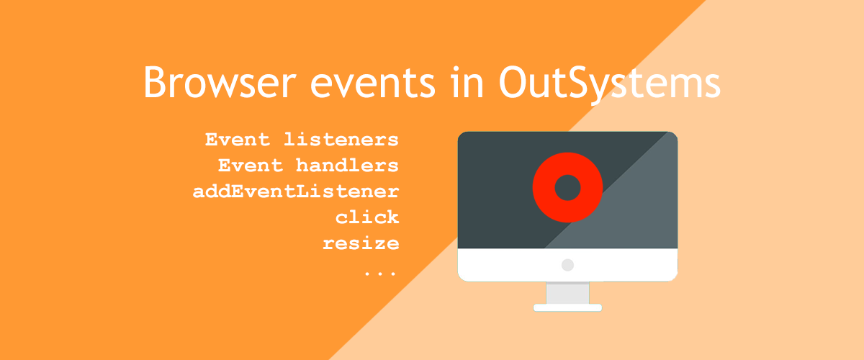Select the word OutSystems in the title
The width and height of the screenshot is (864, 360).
tap(609, 82)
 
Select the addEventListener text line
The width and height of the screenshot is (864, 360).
tap(296, 192)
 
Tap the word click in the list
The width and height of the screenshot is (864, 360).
tap(367, 217)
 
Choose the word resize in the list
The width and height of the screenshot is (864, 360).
tap(361, 243)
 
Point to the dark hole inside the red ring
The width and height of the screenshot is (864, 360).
tap(567, 187)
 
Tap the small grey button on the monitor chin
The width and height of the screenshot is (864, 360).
tap(567, 265)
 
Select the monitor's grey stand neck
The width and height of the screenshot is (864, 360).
tap(567, 292)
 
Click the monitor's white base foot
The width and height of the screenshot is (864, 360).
tap(567, 307)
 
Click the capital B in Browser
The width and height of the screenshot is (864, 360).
tap(153, 82)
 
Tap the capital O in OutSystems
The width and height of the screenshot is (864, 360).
tap(514, 82)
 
